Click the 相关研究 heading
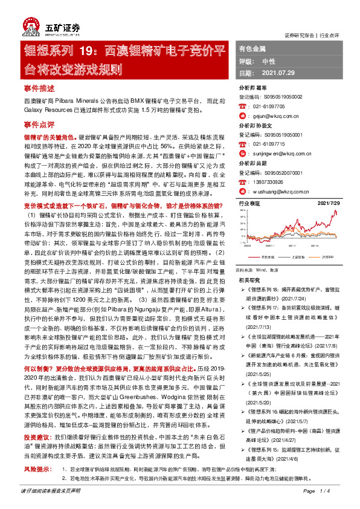[x=249, y=280]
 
